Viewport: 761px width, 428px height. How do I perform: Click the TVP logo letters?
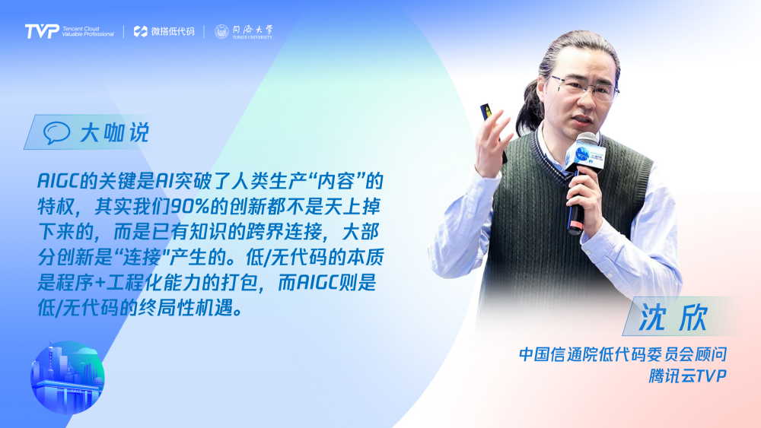point(42,31)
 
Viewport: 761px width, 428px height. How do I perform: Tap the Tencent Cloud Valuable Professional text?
point(88,31)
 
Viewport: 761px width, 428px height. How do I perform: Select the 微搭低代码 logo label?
point(164,31)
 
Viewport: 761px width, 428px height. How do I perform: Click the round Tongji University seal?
point(221,31)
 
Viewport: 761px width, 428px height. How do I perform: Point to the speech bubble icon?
point(56,132)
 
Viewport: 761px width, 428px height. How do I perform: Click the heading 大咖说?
point(115,132)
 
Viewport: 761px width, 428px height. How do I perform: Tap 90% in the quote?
point(189,207)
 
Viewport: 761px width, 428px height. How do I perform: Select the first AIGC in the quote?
point(59,181)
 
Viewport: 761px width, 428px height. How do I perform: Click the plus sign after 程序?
point(100,283)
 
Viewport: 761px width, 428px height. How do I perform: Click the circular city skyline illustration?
point(68,377)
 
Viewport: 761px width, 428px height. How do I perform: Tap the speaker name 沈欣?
point(673,317)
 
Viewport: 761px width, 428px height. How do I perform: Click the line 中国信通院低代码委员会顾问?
point(622,354)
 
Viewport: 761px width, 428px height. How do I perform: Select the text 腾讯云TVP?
point(688,376)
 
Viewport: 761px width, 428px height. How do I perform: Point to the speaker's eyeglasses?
point(584,86)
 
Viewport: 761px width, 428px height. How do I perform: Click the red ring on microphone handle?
point(575,226)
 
